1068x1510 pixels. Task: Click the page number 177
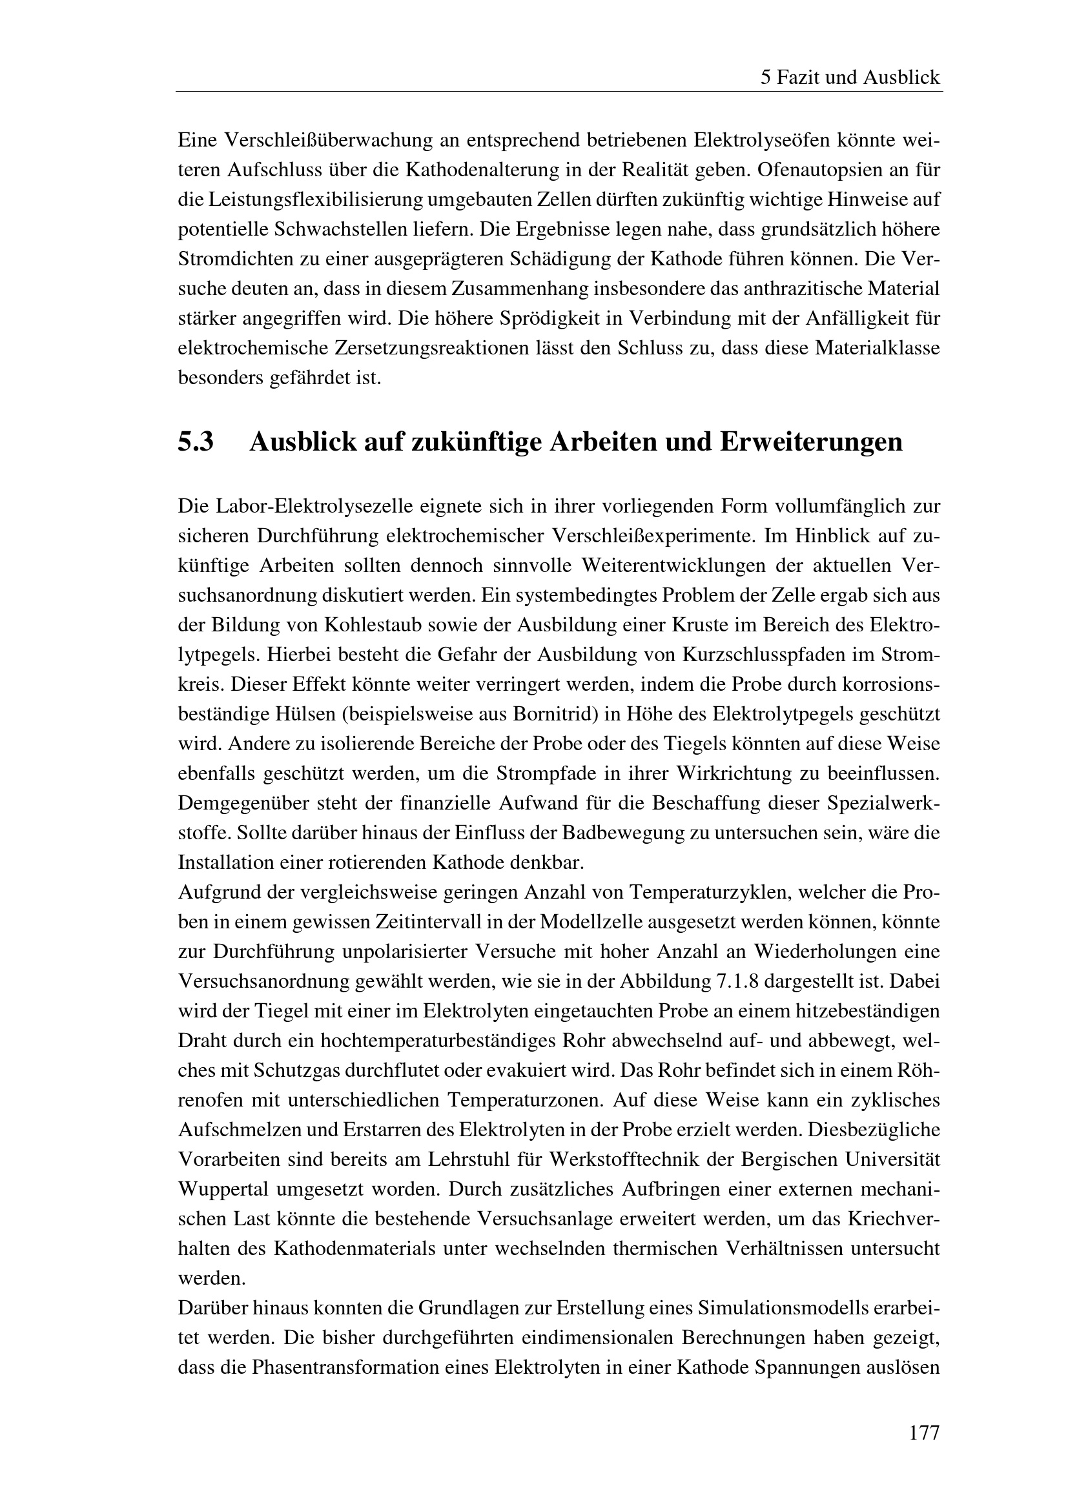924,1433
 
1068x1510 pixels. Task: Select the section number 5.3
196,442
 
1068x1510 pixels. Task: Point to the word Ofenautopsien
821,170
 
